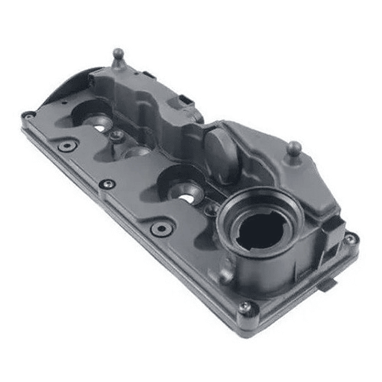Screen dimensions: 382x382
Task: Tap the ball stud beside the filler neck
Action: pyautogui.click(x=293, y=147)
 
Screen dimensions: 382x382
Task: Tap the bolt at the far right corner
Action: pyautogui.click(x=351, y=238)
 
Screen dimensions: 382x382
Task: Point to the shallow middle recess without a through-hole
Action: pyautogui.click(x=137, y=152)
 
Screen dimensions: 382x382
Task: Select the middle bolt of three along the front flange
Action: pyautogui.click(x=108, y=184)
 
